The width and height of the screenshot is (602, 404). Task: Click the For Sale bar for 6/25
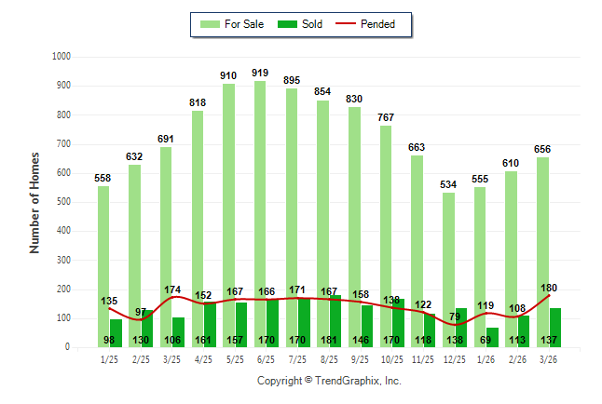[x=260, y=214]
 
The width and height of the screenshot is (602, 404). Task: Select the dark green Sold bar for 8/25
[x=335, y=321]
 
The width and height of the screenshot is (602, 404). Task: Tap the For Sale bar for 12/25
[x=448, y=270]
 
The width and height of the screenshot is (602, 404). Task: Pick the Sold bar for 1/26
[x=493, y=337]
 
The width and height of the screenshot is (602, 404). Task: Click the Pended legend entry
[x=365, y=24]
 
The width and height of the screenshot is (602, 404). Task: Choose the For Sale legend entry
[x=232, y=24]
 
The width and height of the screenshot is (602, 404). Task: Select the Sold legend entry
[x=300, y=24]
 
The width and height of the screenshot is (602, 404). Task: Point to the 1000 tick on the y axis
[x=62, y=57]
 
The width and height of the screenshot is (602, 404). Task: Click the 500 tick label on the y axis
[x=63, y=202]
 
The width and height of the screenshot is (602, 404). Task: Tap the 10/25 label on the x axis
[x=392, y=359]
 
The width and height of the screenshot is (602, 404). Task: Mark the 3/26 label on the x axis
[x=548, y=359]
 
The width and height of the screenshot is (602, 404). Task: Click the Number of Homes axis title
[x=34, y=203]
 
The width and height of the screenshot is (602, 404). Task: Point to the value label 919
[x=260, y=73]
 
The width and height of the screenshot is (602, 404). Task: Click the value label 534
[x=448, y=184]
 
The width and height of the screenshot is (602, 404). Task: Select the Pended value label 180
[x=549, y=288]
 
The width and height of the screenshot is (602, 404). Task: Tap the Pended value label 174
[x=172, y=290]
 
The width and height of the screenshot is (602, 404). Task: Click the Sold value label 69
[x=486, y=340]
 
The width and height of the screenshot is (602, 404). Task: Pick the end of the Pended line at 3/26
[x=549, y=295]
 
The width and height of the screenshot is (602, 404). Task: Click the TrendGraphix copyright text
[x=329, y=381]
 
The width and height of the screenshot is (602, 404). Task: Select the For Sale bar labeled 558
[x=103, y=266]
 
